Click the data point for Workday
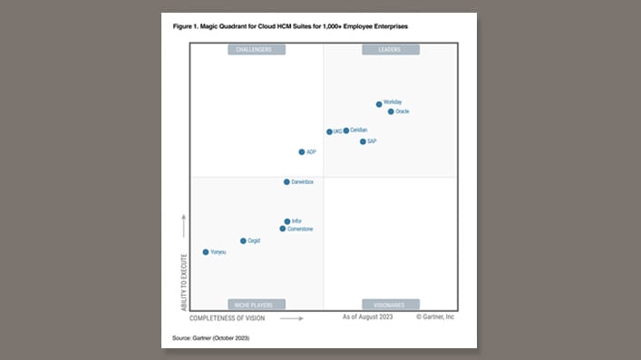click(379, 104)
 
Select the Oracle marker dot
click(391, 112)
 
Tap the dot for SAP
click(363, 141)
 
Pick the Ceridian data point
click(345, 131)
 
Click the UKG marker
click(329, 131)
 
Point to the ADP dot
click(302, 152)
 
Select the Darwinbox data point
click(287, 182)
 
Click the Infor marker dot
click(287, 221)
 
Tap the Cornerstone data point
click(283, 229)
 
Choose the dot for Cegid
click(243, 241)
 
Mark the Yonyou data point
click(206, 252)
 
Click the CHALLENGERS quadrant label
click(257, 50)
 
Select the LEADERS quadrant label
click(390, 50)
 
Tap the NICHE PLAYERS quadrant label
click(257, 305)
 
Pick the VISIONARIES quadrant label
click(390, 305)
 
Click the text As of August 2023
click(366, 317)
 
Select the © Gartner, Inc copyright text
click(435, 317)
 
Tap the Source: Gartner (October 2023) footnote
click(211, 338)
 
